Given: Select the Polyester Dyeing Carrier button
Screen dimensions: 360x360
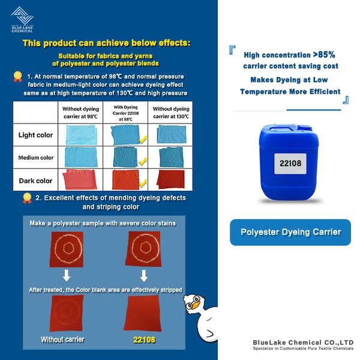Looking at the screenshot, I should point(290,232).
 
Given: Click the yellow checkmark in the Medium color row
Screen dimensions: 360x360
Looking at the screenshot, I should point(143,162).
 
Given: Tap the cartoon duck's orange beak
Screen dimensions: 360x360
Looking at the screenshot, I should point(194,305).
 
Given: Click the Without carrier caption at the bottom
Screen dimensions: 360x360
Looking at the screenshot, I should point(62,340).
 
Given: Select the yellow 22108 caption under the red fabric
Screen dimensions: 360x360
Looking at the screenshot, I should point(144,340).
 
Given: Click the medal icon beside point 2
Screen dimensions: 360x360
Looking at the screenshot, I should point(27,197).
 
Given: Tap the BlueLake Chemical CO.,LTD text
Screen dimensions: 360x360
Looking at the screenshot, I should point(303,341).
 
